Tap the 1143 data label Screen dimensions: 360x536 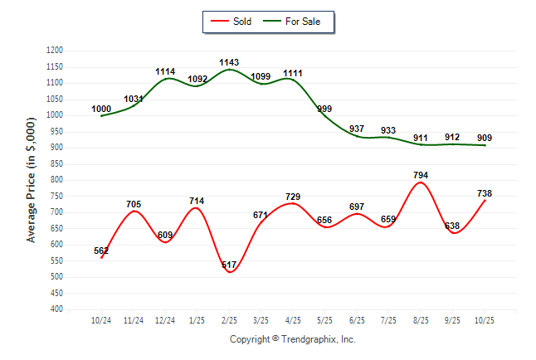(x=230, y=62)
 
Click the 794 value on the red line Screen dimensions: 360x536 (x=421, y=175)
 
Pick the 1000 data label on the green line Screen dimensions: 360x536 (x=101, y=109)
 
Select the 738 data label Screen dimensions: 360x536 (x=484, y=192)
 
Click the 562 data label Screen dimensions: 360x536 (x=101, y=251)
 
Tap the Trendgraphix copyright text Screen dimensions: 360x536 (x=292, y=339)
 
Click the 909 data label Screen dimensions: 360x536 (x=485, y=138)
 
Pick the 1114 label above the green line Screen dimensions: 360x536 (x=166, y=72)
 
